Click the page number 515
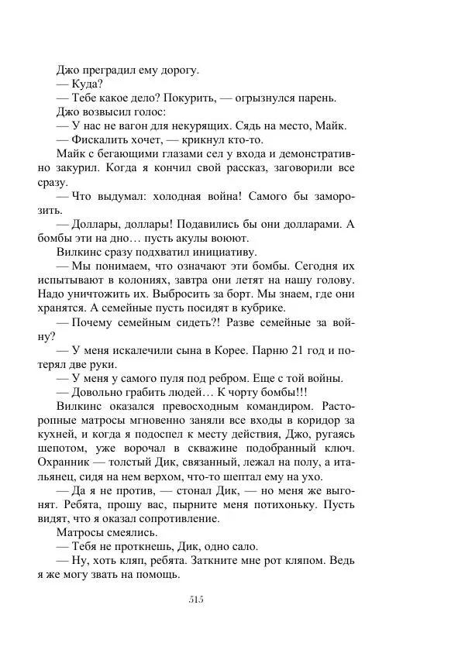coord(195,599)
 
